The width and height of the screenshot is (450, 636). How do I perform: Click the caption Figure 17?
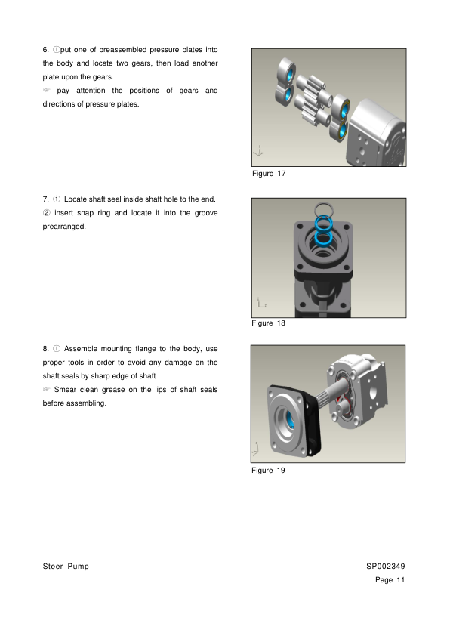point(269,174)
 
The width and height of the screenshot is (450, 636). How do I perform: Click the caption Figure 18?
point(268,323)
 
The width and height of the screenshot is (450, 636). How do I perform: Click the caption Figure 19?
point(268,471)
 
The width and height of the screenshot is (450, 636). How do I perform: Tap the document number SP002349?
point(386,567)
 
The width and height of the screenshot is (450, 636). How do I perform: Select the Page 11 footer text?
point(390,580)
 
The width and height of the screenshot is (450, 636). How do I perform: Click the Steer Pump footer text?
point(66,567)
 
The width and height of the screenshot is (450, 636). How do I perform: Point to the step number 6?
point(45,50)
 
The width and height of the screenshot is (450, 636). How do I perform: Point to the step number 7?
point(45,199)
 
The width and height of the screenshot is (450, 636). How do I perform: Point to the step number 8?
point(45,349)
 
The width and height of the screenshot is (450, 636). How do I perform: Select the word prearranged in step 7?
point(64,227)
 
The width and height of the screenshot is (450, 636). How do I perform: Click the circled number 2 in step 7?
point(47,213)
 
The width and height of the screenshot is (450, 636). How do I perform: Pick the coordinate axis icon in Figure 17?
point(258,151)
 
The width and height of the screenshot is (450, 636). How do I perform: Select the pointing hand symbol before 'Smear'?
point(46,390)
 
